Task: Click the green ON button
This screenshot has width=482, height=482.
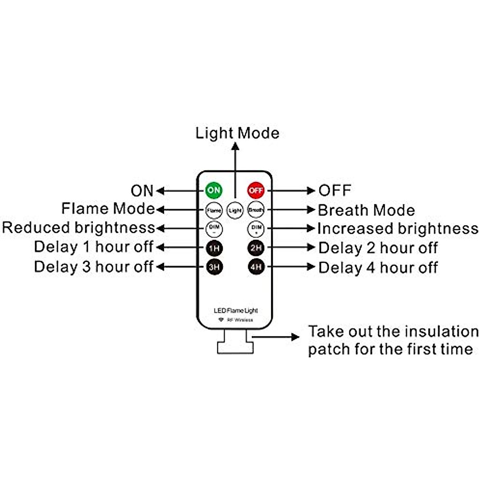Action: click(214, 190)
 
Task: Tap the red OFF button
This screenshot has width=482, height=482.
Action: click(256, 190)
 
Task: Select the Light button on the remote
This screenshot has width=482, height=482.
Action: click(235, 210)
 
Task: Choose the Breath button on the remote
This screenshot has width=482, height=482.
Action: click(256, 210)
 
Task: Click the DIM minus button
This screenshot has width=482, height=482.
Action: click(214, 229)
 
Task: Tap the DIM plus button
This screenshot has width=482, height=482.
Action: click(256, 229)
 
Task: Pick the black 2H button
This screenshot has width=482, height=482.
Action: click(256, 248)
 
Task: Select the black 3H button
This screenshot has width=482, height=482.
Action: click(214, 267)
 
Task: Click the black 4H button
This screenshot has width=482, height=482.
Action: click(256, 267)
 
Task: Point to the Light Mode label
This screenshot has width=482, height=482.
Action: click(237, 133)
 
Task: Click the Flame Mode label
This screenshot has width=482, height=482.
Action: click(108, 209)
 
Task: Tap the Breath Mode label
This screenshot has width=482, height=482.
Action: click(366, 210)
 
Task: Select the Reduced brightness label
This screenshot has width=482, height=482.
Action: click(79, 228)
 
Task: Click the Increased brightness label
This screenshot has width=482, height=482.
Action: click(398, 229)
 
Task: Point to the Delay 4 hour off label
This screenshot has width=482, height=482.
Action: click(378, 268)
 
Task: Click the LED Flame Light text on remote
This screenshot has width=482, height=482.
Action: click(236, 310)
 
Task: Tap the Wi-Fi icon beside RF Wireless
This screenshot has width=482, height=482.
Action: click(221, 320)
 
